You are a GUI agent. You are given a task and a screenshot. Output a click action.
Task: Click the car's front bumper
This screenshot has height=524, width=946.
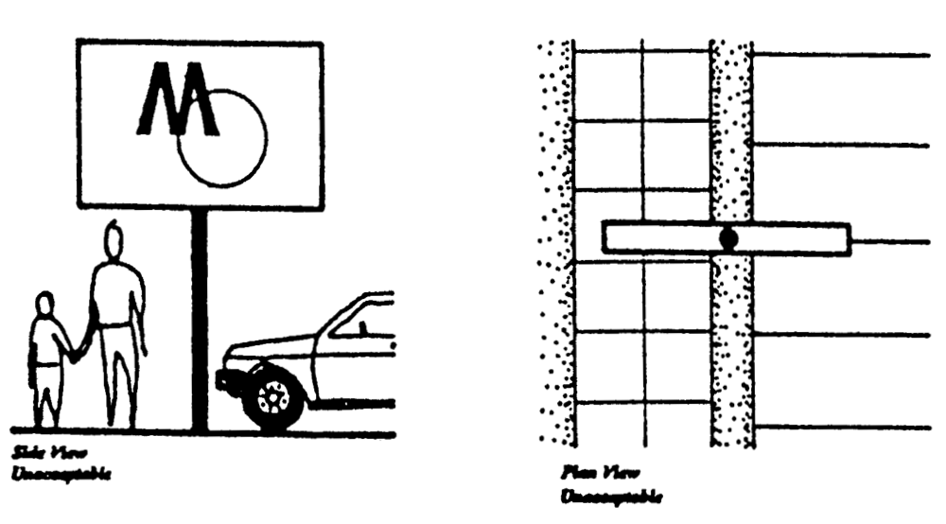point(226,381)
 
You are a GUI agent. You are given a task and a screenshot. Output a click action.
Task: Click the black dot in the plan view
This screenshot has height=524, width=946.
point(727,238)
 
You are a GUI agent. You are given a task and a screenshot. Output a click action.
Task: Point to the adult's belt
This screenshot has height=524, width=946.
point(114,325)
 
